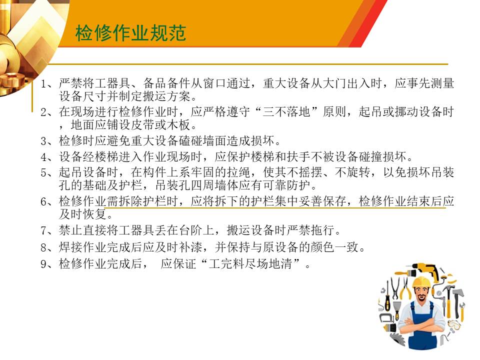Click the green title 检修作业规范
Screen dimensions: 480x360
(x=130, y=33)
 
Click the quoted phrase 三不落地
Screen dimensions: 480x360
(x=286, y=112)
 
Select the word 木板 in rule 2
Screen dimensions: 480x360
(x=179, y=125)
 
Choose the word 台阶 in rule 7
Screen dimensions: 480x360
(x=191, y=230)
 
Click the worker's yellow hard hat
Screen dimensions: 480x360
(x=421, y=281)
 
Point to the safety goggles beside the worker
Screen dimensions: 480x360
(x=454, y=324)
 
